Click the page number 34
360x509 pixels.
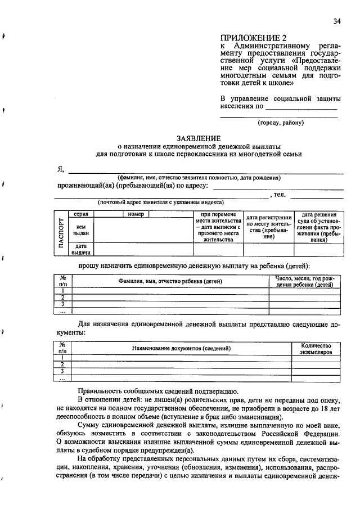click(337, 21)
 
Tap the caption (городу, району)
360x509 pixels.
click(281, 122)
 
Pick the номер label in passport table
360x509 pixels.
click(136, 214)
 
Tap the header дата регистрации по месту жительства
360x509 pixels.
click(268, 227)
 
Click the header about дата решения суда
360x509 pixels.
click(319, 227)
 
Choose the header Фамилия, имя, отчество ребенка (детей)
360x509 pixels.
click(170, 281)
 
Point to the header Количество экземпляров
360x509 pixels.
click(316, 349)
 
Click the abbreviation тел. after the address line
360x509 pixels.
click(280, 195)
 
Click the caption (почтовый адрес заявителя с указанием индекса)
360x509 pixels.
click(160, 202)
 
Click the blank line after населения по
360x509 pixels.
click(301, 106)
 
